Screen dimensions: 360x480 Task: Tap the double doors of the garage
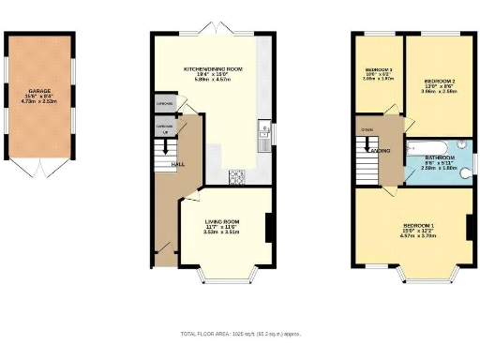[40, 167]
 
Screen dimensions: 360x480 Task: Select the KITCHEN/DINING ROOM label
[214, 69]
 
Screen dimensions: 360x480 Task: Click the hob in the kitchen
[235, 173]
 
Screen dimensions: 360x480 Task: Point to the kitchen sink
[266, 129]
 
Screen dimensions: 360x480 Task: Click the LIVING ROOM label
[223, 222]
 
